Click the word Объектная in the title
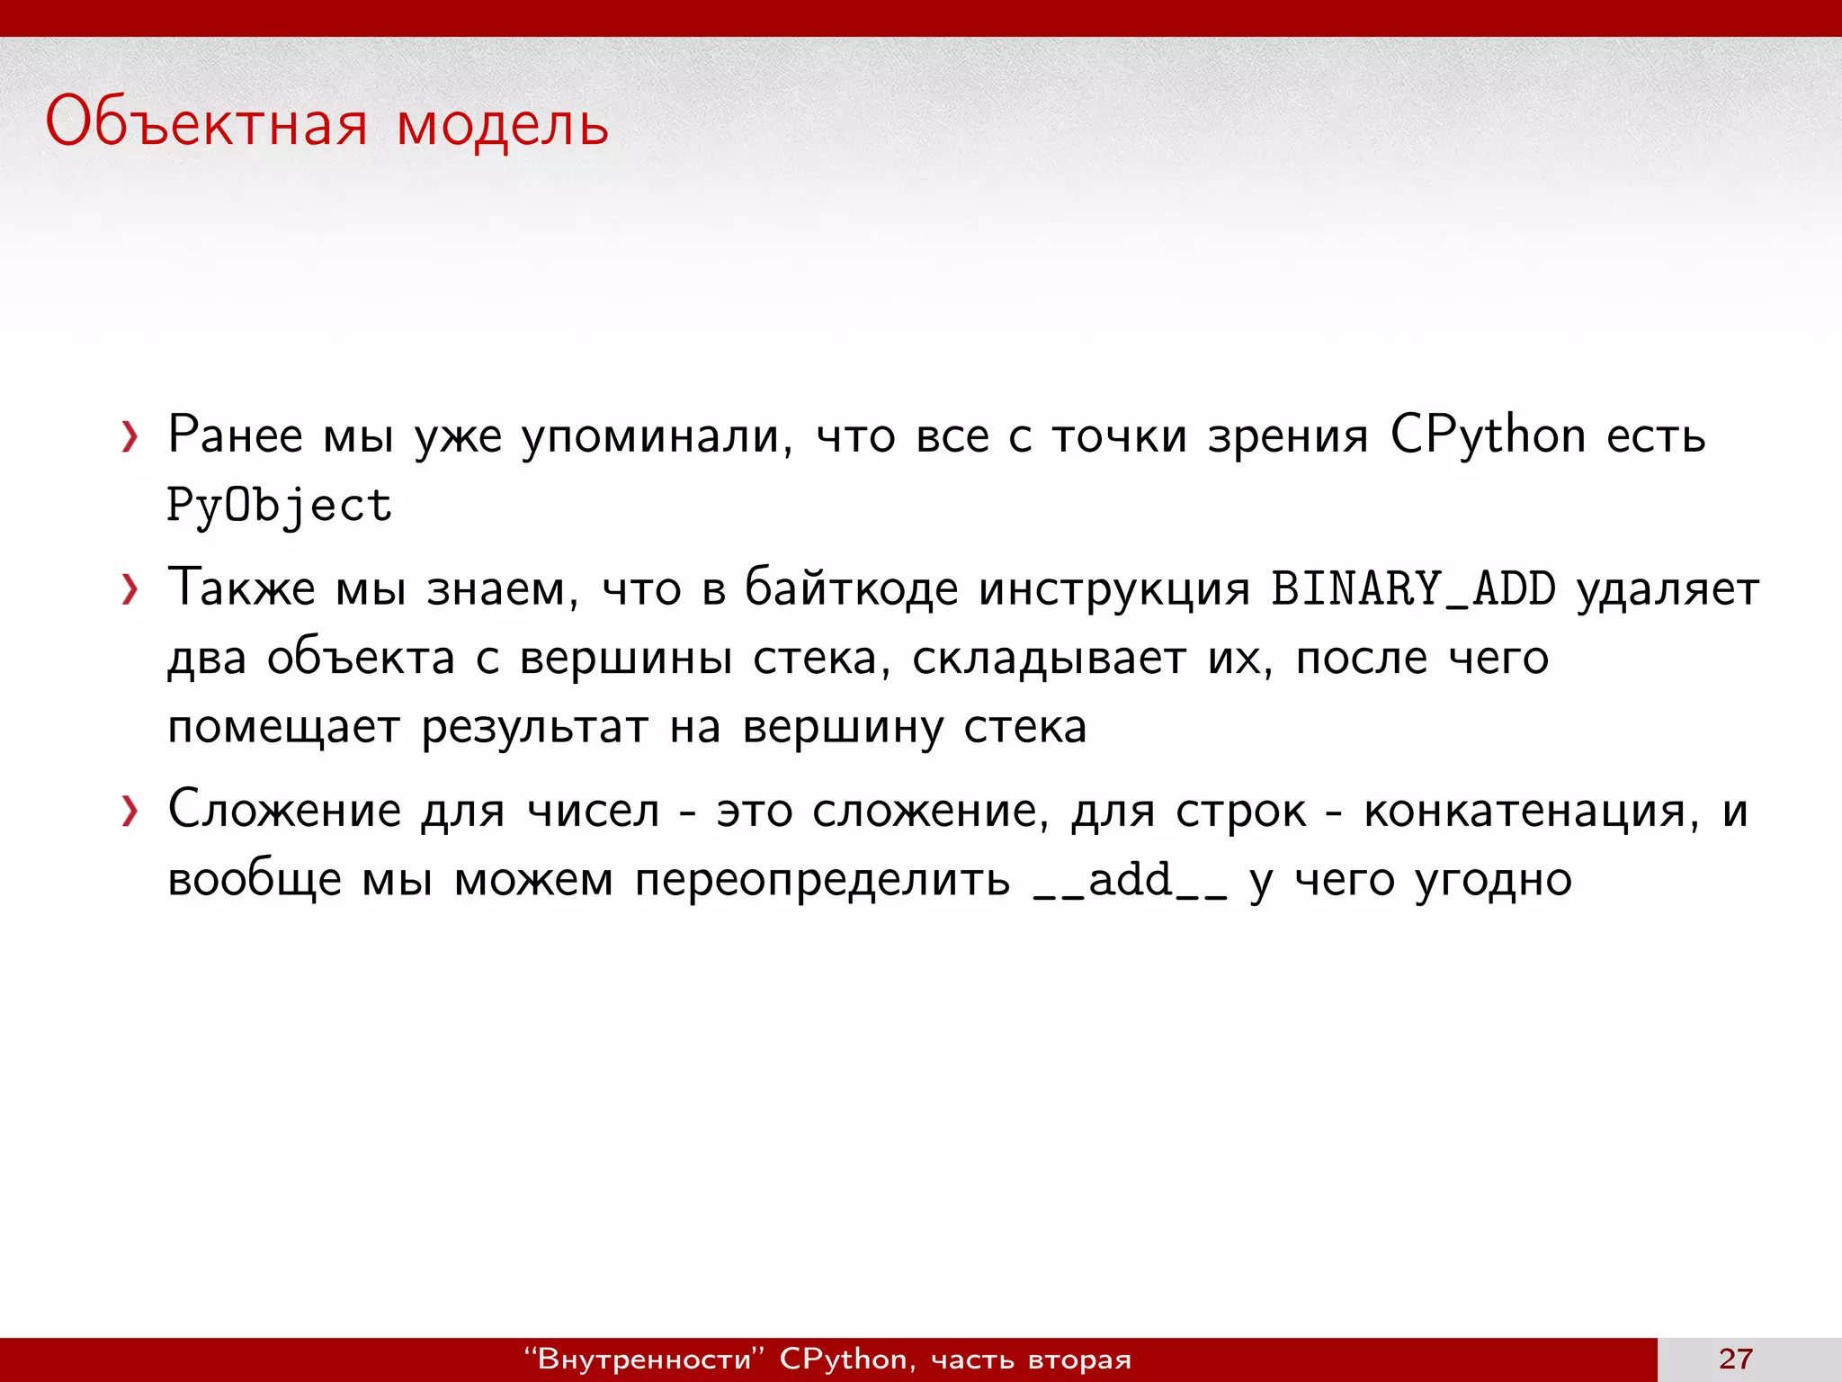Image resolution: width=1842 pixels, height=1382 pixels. click(x=206, y=123)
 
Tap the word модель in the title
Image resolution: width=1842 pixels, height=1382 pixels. click(x=503, y=124)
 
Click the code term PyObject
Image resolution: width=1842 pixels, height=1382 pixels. click(x=280, y=506)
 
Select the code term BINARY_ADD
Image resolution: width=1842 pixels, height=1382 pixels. click(x=1413, y=589)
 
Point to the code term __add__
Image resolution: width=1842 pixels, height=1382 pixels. click(x=1131, y=881)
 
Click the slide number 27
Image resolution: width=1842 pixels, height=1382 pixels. click(x=1736, y=1359)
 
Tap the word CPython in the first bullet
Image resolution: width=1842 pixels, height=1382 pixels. click(x=1488, y=436)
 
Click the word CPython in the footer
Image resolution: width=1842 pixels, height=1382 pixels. click(x=843, y=1359)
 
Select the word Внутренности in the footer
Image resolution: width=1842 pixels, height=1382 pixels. click(x=643, y=1359)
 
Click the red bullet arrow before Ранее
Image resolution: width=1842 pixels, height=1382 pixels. click(x=130, y=437)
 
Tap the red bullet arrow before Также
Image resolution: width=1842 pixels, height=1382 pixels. click(x=130, y=590)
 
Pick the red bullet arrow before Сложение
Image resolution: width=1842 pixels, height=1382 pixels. click(x=130, y=812)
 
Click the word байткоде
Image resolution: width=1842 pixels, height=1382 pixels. click(x=852, y=589)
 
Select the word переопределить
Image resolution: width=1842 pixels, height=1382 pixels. click(x=822, y=880)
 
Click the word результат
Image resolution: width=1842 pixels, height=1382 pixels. click(x=535, y=727)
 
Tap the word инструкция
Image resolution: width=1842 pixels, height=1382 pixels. click(x=1114, y=589)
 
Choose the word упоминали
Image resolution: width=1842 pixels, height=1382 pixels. click(x=657, y=436)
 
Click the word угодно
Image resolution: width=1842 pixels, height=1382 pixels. click(x=1494, y=880)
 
